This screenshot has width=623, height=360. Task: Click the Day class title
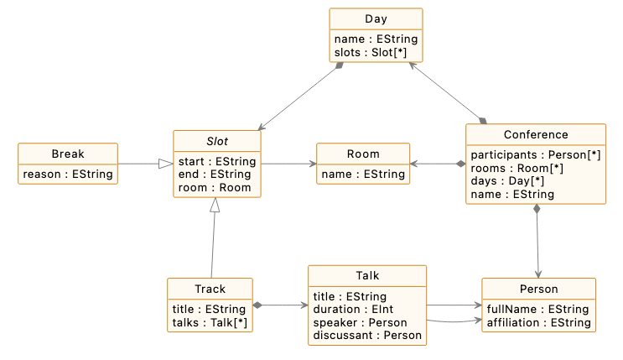coord(376,19)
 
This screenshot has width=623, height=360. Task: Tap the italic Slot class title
coord(216,141)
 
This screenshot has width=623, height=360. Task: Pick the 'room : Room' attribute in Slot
coord(215,188)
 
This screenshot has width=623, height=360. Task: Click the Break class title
coord(67,154)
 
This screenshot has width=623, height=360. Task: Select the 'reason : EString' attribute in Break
coord(66,175)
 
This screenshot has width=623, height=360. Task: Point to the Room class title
coord(363,154)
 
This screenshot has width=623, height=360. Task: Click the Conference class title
coord(536,134)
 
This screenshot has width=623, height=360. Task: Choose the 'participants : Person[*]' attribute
coord(535,155)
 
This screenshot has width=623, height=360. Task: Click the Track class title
coord(210,289)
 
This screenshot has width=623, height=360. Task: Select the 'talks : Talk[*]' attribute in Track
coord(210,322)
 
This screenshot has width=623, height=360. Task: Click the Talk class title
coord(367,276)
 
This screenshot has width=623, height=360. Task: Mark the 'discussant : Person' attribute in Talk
coord(367,336)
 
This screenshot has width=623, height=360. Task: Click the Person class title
coord(538,289)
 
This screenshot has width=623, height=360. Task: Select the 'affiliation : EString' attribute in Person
coord(538,322)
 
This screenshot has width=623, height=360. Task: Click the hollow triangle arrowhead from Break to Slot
coord(166,164)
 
